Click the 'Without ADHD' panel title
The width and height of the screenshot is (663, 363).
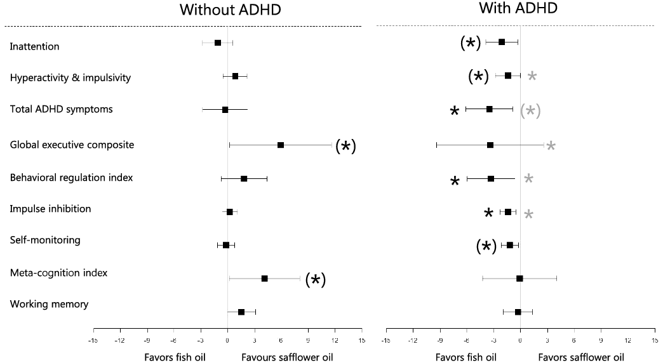[231, 10]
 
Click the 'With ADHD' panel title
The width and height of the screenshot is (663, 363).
[518, 8]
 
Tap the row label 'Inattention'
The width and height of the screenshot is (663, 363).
[35, 46]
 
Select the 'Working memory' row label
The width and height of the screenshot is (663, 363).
[49, 304]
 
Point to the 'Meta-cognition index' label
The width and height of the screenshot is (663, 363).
[59, 273]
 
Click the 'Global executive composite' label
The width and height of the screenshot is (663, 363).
[72, 145]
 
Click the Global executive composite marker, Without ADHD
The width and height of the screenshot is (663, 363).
[281, 145]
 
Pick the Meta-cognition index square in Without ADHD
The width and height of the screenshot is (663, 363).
[265, 279]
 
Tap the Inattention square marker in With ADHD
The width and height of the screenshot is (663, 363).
[502, 42]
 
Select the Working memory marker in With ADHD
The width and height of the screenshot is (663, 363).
[518, 312]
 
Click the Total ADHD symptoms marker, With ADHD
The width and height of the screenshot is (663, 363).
[489, 109]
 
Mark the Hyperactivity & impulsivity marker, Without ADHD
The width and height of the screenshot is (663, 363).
[236, 76]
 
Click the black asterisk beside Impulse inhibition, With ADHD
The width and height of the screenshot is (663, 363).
[488, 213]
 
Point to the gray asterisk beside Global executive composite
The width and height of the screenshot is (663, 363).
[551, 146]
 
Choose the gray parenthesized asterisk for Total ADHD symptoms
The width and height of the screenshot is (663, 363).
[530, 110]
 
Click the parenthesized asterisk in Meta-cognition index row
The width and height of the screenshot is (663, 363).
[316, 280]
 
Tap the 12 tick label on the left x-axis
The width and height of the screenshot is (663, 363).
[335, 341]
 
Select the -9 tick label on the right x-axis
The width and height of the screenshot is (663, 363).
[439, 341]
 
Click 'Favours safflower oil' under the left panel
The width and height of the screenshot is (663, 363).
[287, 357]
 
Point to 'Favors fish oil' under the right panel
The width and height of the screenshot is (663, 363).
[466, 357]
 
